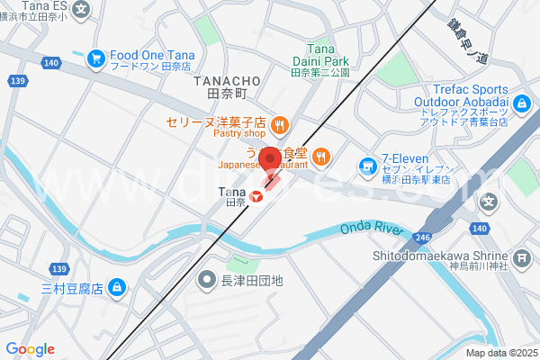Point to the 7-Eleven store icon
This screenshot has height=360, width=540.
pyautogui.click(x=367, y=165)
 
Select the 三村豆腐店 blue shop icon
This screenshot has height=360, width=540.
pyautogui.click(x=116, y=287)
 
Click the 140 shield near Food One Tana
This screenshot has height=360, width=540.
pyautogui.click(x=51, y=62)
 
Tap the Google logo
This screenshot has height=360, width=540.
pyautogui.click(x=30, y=349)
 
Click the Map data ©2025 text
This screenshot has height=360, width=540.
pyautogui.click(x=500, y=353)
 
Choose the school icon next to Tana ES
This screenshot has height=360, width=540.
pyautogui.click(x=82, y=10)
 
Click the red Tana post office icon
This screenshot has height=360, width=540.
pyautogui.click(x=256, y=195)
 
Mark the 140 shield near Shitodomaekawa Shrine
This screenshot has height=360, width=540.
pyautogui.click(x=480, y=229)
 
